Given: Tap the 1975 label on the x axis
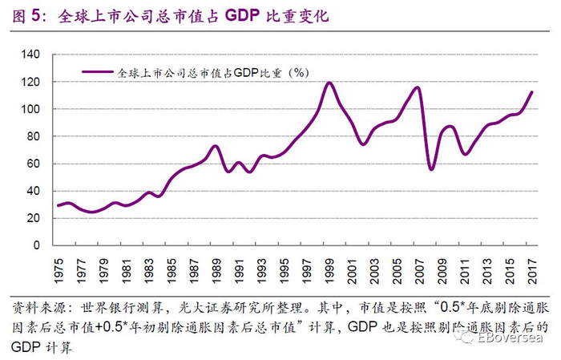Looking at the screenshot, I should pos(59,265).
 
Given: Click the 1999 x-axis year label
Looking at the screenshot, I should pos(329,265).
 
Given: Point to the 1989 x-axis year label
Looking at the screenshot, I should pos(216,265).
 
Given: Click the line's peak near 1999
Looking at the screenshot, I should pos(329,83).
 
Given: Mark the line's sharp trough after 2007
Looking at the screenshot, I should pos(430,169).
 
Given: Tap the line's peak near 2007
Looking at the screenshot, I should pos(418,87).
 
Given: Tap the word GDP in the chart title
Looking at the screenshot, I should pos(245,16).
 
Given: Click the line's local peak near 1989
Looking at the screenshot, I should pos(215,146).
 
